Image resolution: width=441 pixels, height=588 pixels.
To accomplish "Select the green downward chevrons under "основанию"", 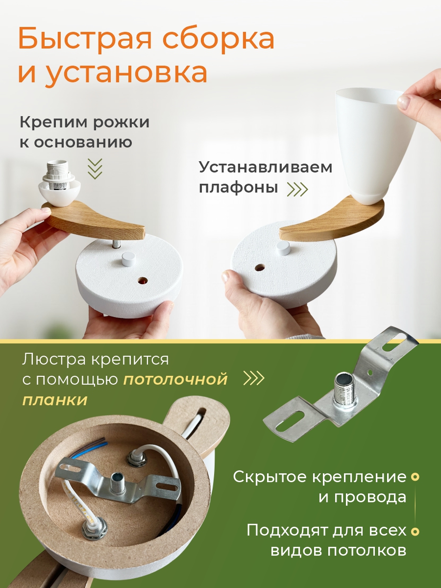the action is (96, 169).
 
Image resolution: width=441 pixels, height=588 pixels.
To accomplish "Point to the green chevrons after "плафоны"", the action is (297, 189).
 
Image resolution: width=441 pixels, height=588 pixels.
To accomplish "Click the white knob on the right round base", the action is (283, 248).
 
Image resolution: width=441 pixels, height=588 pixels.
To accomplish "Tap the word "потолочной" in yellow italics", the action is (175, 380).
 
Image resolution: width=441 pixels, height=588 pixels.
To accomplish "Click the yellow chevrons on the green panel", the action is (253, 378).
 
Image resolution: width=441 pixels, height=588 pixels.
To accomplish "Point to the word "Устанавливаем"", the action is (266, 168).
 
